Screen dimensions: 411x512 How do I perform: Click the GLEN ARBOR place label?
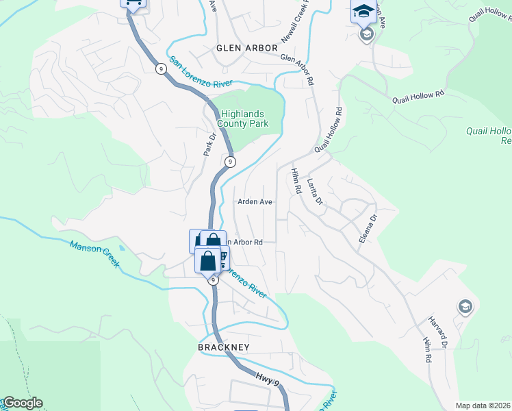point(247,48)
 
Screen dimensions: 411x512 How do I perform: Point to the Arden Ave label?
point(255,202)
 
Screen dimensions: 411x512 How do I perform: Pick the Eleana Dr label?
point(368,230)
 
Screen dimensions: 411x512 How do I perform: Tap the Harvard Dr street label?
point(438,330)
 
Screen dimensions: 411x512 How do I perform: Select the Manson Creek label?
point(93,251)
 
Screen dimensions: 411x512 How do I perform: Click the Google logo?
point(23,403)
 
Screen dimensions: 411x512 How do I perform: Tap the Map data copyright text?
point(483,406)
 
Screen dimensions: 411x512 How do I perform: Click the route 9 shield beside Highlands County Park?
point(231,162)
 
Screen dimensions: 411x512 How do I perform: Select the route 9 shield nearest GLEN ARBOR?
point(159,68)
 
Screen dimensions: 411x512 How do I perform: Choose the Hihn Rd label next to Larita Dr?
point(296,182)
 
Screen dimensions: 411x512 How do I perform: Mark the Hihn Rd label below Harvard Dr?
point(426,349)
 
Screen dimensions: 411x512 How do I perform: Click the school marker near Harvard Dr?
point(465,306)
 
